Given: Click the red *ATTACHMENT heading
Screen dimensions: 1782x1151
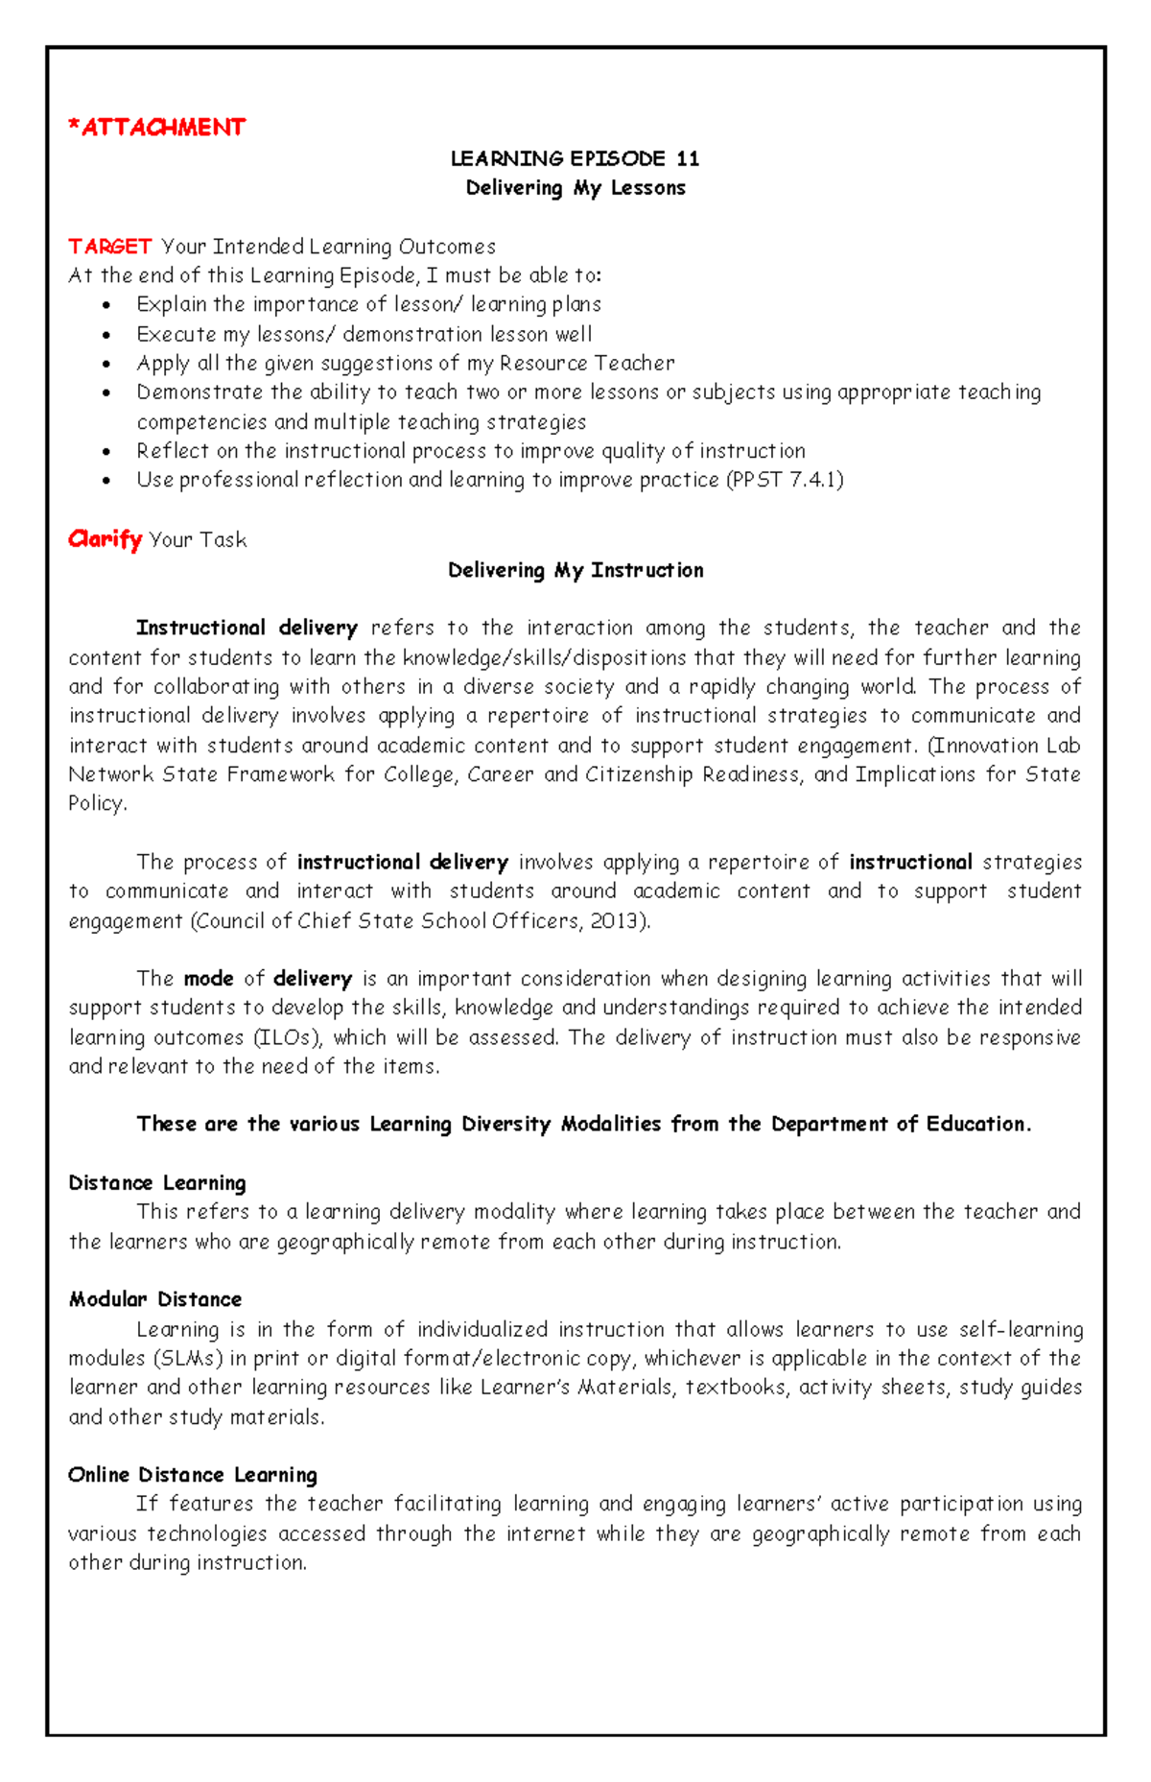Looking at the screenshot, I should point(156,128).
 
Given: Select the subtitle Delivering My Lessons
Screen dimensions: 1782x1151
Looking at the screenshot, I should point(575,188).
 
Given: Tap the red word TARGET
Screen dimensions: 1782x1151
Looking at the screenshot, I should point(109,247).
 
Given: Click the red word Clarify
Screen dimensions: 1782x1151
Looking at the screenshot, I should point(105,539).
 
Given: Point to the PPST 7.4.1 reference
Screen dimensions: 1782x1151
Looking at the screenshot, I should point(786,480).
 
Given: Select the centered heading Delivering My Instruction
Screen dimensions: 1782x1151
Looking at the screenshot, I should point(575,570).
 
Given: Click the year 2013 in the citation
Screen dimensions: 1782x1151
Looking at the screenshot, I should point(617,921).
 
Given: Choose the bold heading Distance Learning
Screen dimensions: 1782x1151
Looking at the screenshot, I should point(157,1182).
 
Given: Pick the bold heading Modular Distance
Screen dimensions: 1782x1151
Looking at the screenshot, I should point(155,1299).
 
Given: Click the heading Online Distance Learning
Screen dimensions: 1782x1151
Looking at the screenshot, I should point(193,1474).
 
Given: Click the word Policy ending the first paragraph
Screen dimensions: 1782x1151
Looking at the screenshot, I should point(96,804).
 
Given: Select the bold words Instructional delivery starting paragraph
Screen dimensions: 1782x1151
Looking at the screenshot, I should point(247,628).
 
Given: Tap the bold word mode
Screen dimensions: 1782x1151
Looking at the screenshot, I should point(208,979).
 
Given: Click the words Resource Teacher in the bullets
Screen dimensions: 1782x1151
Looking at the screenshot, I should point(587,364).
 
